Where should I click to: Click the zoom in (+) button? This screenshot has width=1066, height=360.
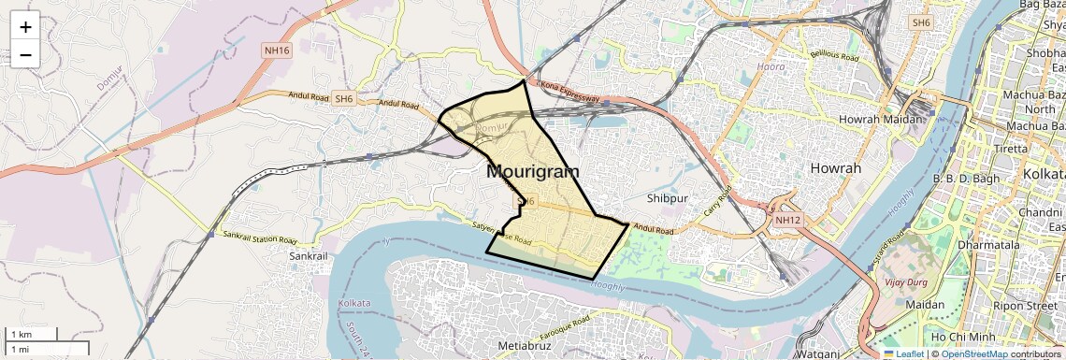tap(25, 27)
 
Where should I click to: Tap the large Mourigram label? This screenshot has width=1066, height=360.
tap(532, 172)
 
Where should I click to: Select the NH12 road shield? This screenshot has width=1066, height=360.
tap(788, 220)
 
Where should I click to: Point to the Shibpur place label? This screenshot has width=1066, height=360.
tap(667, 198)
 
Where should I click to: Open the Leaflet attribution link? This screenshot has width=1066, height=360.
tap(903, 353)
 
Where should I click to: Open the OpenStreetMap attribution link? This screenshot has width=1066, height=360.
tap(974, 353)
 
